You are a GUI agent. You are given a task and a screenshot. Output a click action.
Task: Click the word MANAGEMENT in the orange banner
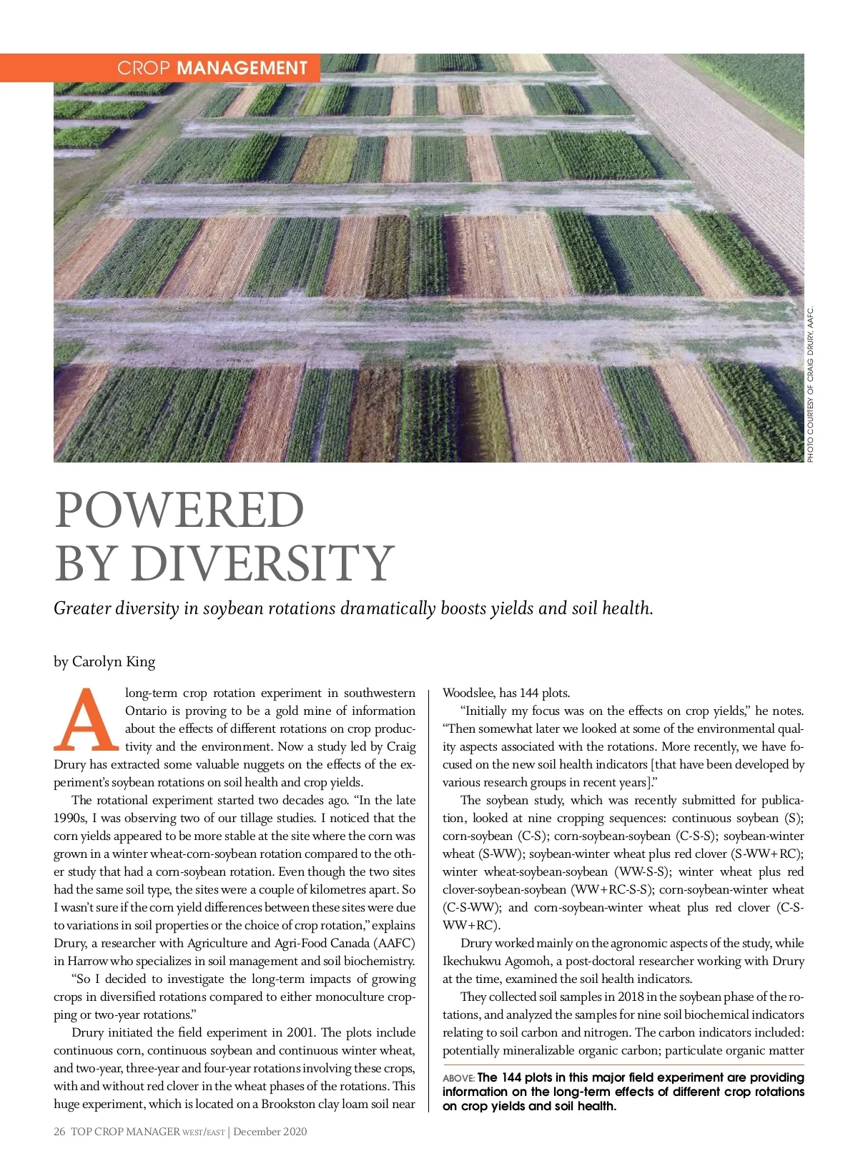click(x=242, y=68)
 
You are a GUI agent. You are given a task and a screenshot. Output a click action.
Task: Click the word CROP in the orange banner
click(x=143, y=68)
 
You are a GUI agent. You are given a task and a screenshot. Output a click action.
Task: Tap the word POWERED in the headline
click(x=179, y=510)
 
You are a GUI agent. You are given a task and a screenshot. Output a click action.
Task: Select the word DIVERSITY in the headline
click(x=262, y=563)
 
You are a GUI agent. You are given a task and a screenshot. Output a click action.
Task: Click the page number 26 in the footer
click(x=59, y=1131)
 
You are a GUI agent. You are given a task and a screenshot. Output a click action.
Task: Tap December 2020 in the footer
click(x=270, y=1131)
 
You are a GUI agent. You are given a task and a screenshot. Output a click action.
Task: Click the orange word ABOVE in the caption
click(x=458, y=1078)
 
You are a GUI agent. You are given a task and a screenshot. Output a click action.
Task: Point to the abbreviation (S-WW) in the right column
click(x=500, y=854)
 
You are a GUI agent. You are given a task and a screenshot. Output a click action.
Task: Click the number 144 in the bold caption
click(x=512, y=1077)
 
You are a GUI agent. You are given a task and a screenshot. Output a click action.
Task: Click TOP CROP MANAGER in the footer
click(x=125, y=1131)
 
